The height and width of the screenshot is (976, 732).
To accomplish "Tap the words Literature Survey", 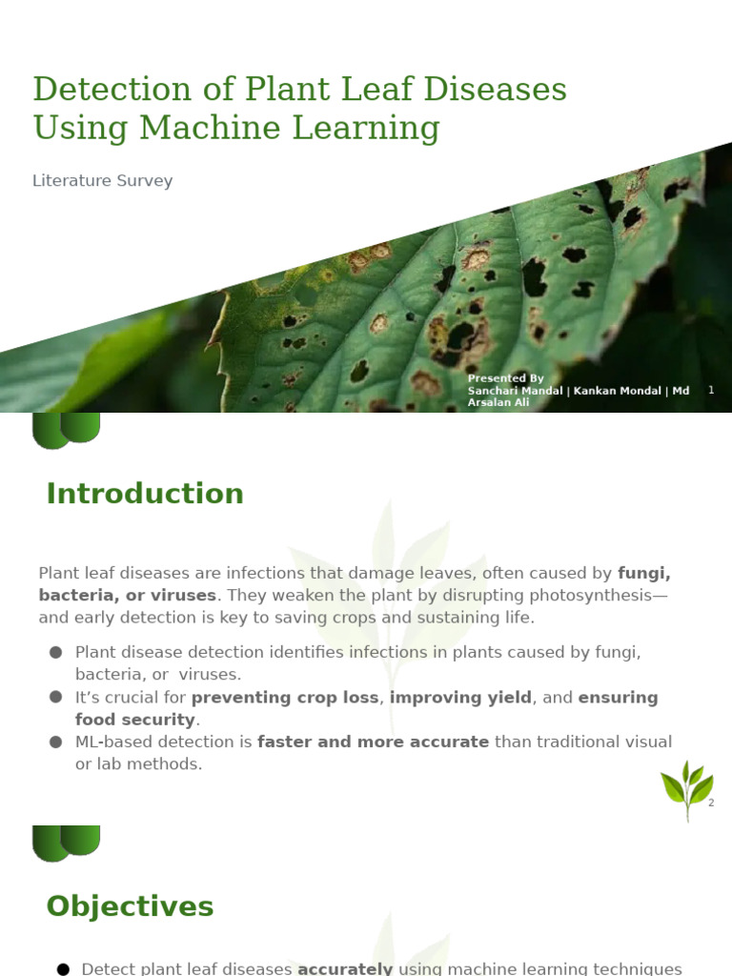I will [x=103, y=180].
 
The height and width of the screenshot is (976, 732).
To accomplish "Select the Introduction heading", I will [x=145, y=494].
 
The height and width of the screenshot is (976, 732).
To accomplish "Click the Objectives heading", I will [x=130, y=906].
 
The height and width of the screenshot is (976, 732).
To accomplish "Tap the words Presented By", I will [x=505, y=378].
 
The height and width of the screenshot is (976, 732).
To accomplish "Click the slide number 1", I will [x=711, y=391].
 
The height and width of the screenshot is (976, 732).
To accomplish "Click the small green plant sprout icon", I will [x=687, y=790].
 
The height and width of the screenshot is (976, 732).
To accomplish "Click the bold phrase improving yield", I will [x=460, y=698].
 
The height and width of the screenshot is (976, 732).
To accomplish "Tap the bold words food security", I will [x=134, y=720].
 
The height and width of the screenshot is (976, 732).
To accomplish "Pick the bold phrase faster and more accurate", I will [x=374, y=742].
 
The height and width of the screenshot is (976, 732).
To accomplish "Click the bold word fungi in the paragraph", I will [x=644, y=573].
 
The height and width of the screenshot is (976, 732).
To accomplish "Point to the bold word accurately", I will [x=345, y=969].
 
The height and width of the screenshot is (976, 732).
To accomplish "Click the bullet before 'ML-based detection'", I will [x=55, y=742].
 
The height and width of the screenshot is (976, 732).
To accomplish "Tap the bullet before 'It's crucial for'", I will [x=55, y=698].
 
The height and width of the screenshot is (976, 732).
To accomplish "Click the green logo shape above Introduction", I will [x=66, y=430].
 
